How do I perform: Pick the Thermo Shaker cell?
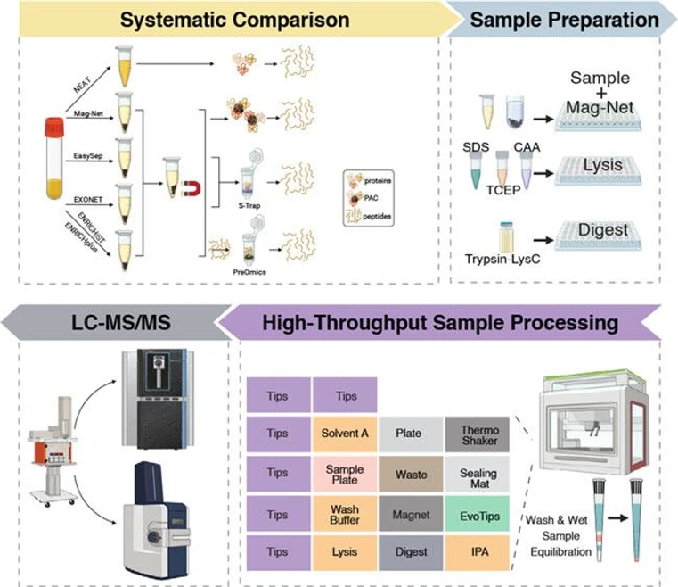click(x=478, y=433)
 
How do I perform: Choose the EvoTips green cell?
click(x=478, y=515)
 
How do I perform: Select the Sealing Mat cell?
click(x=478, y=474)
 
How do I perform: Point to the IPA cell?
click(x=478, y=554)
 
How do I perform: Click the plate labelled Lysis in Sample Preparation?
click(x=606, y=170)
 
